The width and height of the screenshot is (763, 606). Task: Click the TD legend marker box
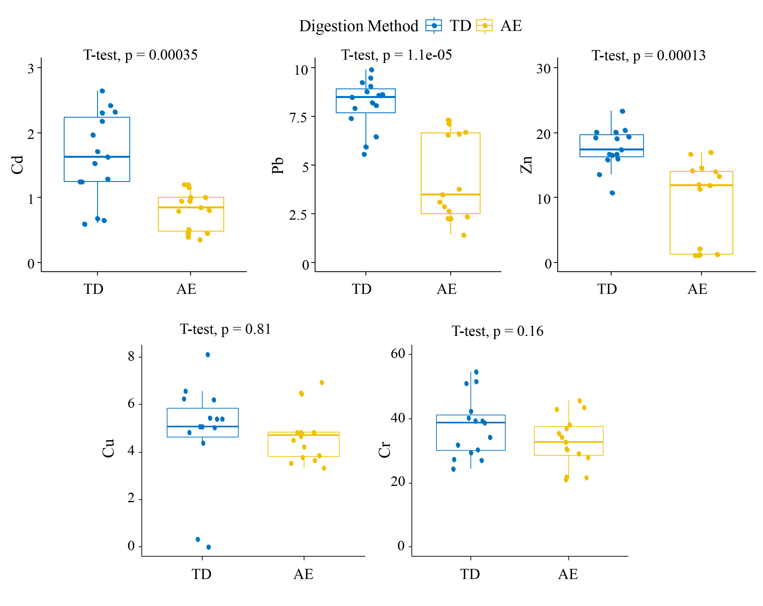click(x=433, y=26)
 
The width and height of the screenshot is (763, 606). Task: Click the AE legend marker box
click(x=484, y=26)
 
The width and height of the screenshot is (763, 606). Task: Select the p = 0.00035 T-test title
click(x=140, y=55)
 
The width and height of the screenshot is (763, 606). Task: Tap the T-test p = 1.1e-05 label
click(x=396, y=55)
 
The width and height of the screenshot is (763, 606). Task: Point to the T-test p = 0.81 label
click(x=225, y=329)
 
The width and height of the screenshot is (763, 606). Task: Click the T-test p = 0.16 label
click(x=497, y=331)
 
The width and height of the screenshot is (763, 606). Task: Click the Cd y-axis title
click(x=17, y=165)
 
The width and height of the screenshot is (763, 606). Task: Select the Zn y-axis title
click(x=526, y=165)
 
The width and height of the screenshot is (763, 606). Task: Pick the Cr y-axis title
click(x=384, y=450)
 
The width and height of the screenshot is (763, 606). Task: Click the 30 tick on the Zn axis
click(x=543, y=69)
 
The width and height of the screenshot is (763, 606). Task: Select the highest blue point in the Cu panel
click(x=208, y=355)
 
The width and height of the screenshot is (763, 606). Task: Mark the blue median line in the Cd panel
click(x=97, y=157)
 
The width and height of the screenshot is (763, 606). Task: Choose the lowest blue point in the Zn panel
click(x=612, y=193)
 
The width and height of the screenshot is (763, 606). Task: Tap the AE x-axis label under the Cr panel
click(x=568, y=574)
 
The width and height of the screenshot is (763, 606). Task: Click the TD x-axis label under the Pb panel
click(x=361, y=289)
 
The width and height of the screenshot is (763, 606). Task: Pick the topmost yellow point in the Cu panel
click(x=322, y=382)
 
